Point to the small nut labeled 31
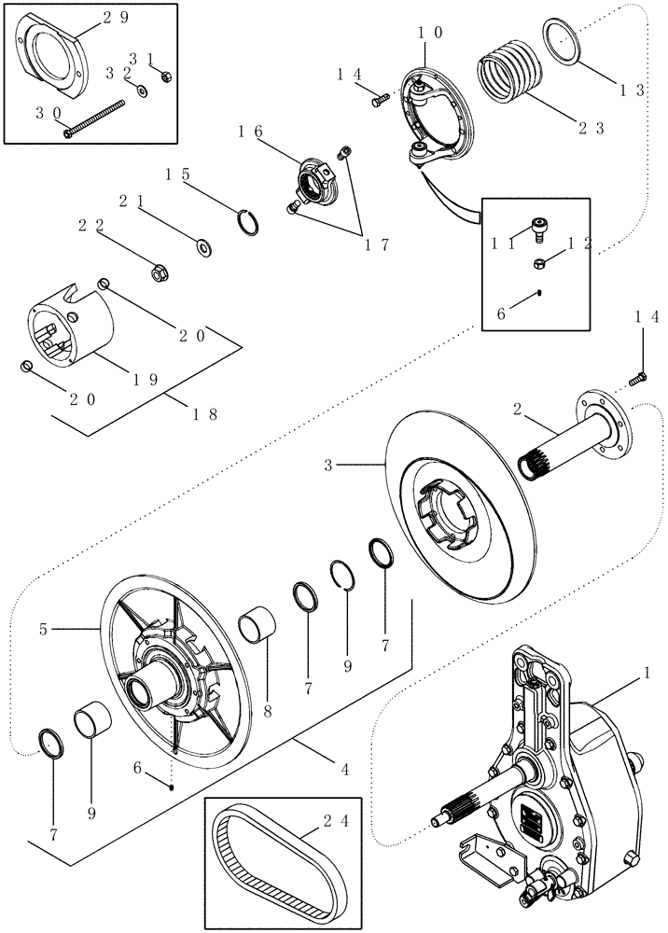point(165,77)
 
